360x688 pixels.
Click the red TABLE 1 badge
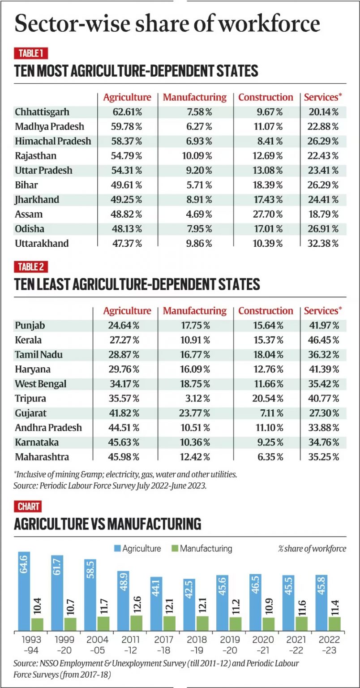pyautogui.click(x=31, y=54)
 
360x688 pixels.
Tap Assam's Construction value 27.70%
pyautogui.click(x=266, y=214)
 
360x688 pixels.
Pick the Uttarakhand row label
pyautogui.click(x=42, y=243)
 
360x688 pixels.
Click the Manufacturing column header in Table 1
pyautogui.click(x=194, y=97)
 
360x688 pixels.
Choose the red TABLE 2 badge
pyautogui.click(x=31, y=267)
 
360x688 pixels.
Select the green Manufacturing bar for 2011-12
pyautogui.click(x=136, y=623)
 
